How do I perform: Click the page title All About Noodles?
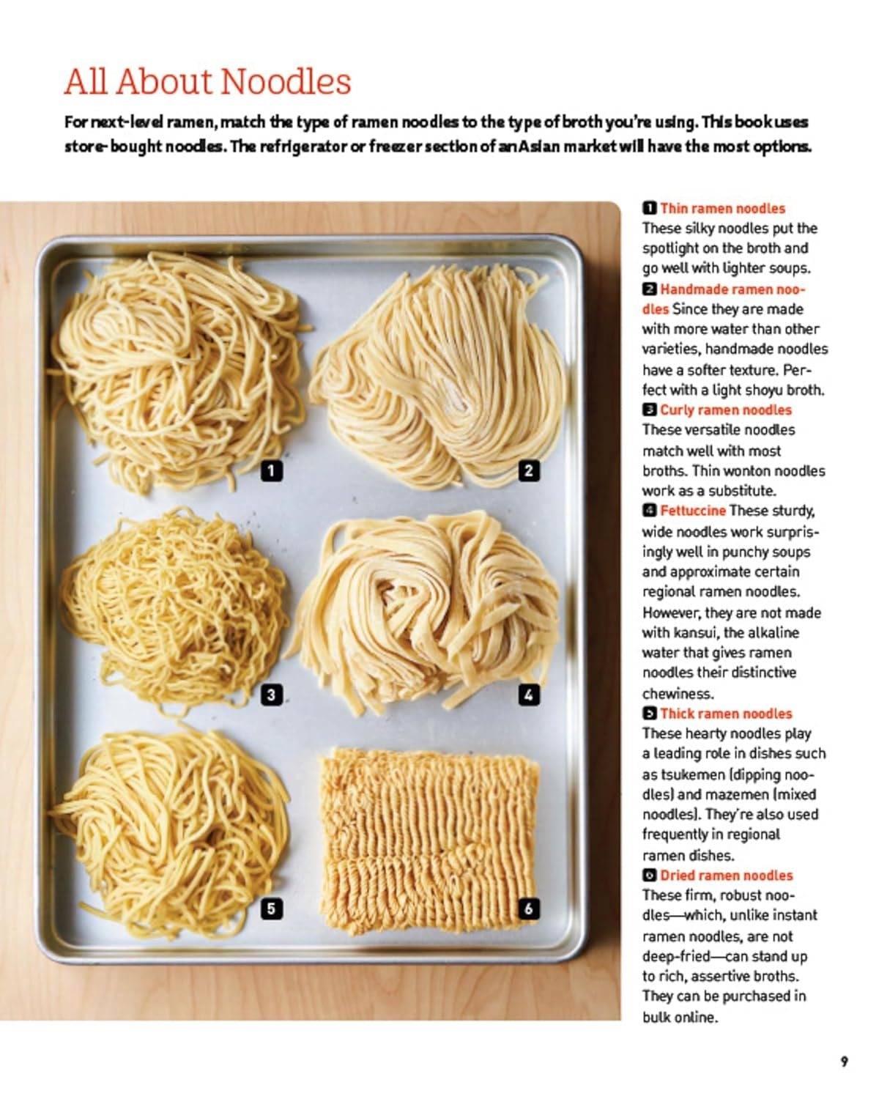point(207,82)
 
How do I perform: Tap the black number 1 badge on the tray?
point(271,470)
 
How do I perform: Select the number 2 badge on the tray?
point(529,470)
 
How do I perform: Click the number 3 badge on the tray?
point(271,695)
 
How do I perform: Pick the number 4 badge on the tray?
point(529,695)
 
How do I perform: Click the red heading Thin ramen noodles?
point(722,208)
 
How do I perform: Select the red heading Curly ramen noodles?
point(725,410)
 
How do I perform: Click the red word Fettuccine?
point(692,511)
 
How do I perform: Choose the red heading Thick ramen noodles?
point(726,714)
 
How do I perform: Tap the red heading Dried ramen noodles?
point(727,876)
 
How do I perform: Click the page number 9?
point(845,1062)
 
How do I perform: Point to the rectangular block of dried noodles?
point(429,840)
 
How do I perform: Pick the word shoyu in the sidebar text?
point(765,391)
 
